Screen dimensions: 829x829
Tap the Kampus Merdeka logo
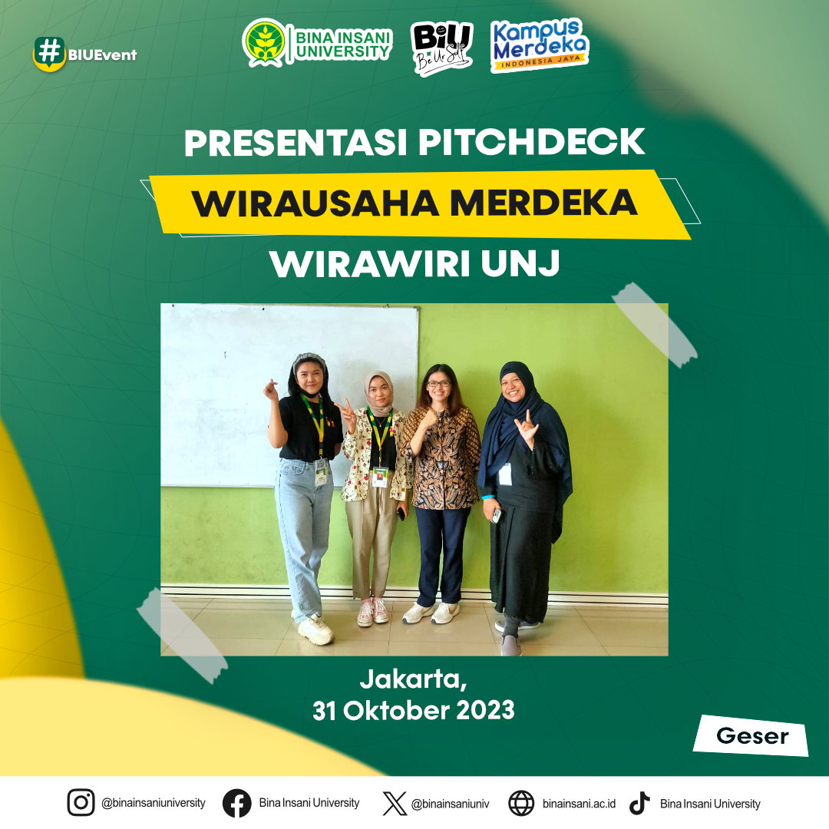pyautogui.click(x=540, y=45)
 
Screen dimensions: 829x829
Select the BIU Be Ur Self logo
pyautogui.click(x=442, y=48)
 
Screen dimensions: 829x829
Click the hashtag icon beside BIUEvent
pyautogui.click(x=49, y=53)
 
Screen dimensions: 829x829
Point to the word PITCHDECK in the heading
pyautogui.click(x=532, y=143)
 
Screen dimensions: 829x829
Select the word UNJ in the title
pyautogui.click(x=520, y=263)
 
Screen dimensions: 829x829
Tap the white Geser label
pyautogui.click(x=751, y=735)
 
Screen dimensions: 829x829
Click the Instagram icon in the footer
pyautogui.click(x=81, y=803)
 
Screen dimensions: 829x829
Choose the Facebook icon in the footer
pyautogui.click(x=236, y=803)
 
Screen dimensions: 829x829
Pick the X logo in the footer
pyautogui.click(x=395, y=804)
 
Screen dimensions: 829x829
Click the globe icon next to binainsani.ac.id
pyautogui.click(x=521, y=803)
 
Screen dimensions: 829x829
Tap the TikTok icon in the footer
pyautogui.click(x=639, y=803)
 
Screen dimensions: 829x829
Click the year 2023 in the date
pyautogui.click(x=485, y=711)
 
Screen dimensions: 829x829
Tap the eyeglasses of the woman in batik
pyautogui.click(x=439, y=383)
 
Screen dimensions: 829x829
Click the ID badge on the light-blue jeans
pyautogui.click(x=321, y=472)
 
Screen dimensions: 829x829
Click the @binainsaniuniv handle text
pyautogui.click(x=451, y=804)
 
